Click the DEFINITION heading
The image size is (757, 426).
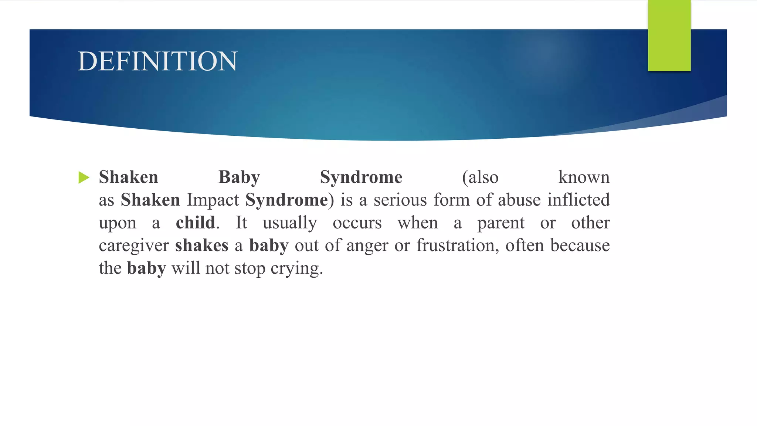pos(157,61)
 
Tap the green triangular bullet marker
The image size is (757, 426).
pos(84,177)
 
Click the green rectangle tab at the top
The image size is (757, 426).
pos(669,35)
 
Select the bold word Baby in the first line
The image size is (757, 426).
pos(239,177)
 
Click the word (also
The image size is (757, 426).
pos(480,177)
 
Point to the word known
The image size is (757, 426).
pos(584,177)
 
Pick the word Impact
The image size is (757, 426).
pos(213,200)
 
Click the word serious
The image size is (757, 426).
pos(400,200)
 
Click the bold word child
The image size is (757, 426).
pos(196,223)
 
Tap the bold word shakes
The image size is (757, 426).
pos(202,246)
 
